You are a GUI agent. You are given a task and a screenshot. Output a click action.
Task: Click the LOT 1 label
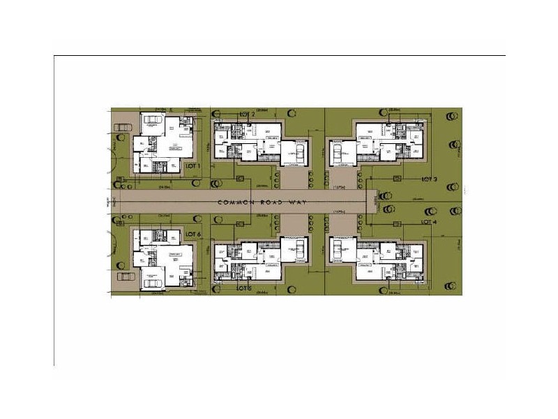(x=193, y=166)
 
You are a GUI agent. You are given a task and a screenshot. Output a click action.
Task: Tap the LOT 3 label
(x=430, y=179)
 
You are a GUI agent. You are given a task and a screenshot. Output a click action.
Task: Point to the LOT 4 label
(x=429, y=221)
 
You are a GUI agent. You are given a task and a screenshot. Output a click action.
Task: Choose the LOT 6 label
(x=193, y=235)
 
